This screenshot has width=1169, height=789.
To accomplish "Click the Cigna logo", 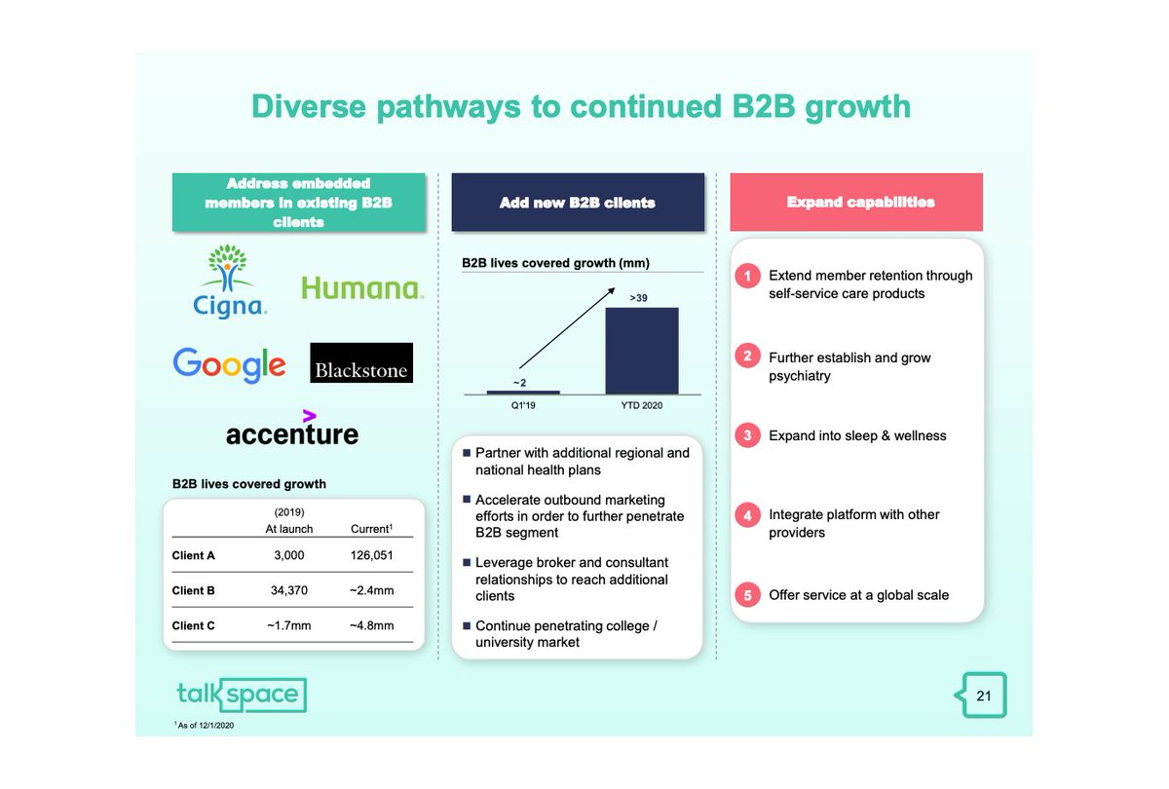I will click(x=230, y=282).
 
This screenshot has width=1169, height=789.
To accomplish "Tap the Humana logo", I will click(x=361, y=287).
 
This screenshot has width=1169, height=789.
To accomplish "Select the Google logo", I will click(x=229, y=364).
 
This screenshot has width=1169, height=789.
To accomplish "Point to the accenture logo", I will click(x=291, y=430).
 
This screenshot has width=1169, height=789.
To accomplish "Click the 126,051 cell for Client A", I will click(x=371, y=555).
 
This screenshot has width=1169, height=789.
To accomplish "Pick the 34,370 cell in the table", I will click(x=288, y=590).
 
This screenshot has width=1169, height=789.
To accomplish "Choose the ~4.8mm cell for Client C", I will click(x=371, y=625).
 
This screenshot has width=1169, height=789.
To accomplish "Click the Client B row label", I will click(x=194, y=590).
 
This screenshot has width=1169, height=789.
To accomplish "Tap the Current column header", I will click(x=370, y=529).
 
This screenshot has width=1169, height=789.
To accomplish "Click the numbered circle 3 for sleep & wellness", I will click(x=747, y=435).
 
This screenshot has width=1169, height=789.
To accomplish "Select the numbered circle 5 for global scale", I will click(x=747, y=595).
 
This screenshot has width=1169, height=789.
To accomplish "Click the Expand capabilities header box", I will click(x=856, y=203).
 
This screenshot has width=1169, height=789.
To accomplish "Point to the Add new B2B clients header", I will click(x=578, y=203).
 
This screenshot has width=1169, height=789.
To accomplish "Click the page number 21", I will click(x=983, y=695).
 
